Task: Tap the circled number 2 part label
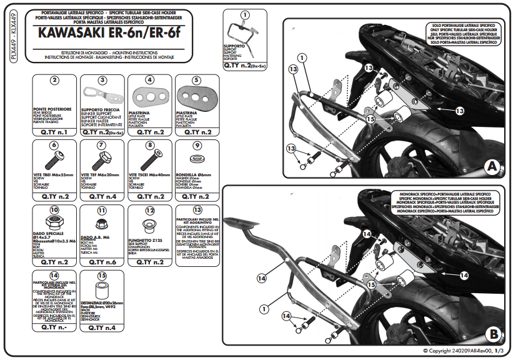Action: pos(54,80)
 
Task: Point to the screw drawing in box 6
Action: pos(54,159)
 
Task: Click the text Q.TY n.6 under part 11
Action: pos(102,261)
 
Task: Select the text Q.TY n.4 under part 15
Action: pos(102,327)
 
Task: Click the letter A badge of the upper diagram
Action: pos(490,167)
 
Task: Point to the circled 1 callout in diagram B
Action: pos(264,308)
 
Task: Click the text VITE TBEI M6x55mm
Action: pos(54,176)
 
